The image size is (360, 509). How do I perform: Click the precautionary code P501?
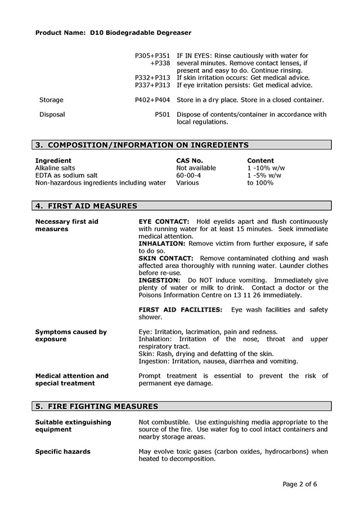[162, 115]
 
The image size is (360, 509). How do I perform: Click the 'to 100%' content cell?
[260, 183]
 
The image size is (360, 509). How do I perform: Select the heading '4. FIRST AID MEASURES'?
[86, 206]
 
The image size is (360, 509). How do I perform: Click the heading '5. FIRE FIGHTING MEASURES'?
[96, 407]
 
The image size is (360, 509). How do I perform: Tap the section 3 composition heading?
[142, 145]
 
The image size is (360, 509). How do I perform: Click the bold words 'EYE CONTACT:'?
[164, 222]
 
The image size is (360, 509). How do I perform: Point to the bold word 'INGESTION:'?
[159, 280]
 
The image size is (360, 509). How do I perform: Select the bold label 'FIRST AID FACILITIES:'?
[180, 310]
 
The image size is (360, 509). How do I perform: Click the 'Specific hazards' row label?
[62, 452]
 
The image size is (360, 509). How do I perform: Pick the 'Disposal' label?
[52, 115]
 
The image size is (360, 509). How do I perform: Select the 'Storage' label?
[51, 100]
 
